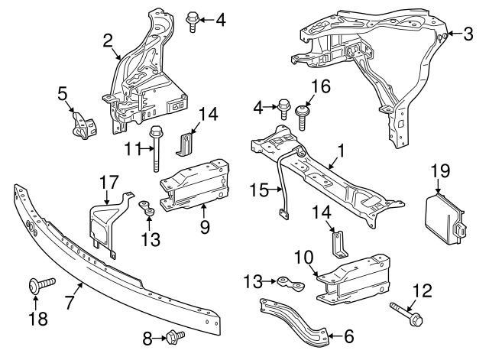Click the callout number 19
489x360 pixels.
click(440, 171)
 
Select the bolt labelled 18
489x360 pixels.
click(38, 286)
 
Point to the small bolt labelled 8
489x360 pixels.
click(173, 335)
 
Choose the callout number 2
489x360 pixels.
click(108, 40)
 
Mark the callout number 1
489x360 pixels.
click(342, 152)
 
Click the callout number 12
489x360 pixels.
click(423, 291)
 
